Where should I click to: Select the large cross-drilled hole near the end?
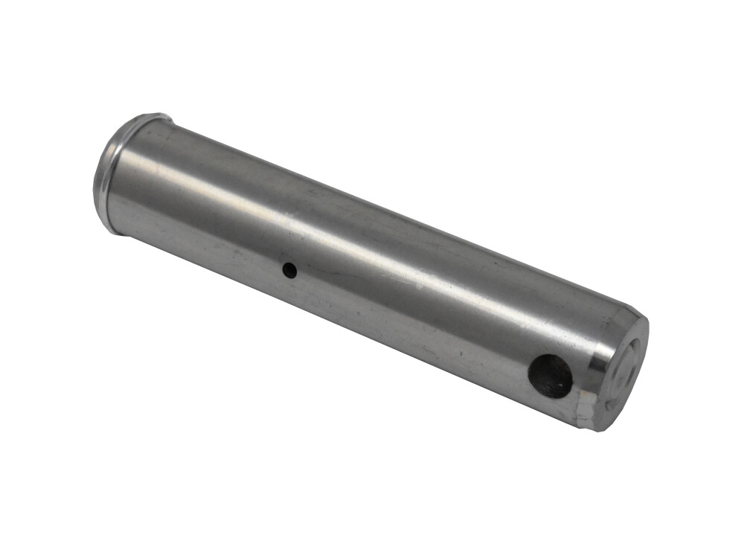pos(551,377)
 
